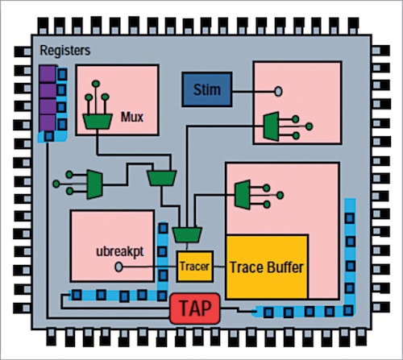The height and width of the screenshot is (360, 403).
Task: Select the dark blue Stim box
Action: [x=206, y=89]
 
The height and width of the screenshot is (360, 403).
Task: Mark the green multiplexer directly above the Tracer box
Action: [x=186, y=234]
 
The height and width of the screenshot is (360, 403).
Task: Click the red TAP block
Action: [x=193, y=308]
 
